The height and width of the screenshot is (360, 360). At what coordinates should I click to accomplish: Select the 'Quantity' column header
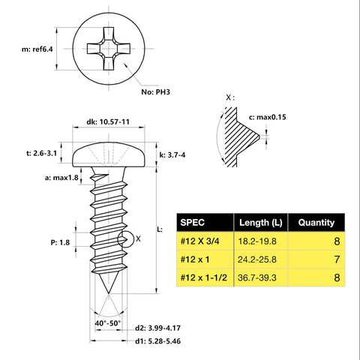[x=316, y=222]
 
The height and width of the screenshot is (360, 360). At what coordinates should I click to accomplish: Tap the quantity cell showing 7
[x=337, y=259]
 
